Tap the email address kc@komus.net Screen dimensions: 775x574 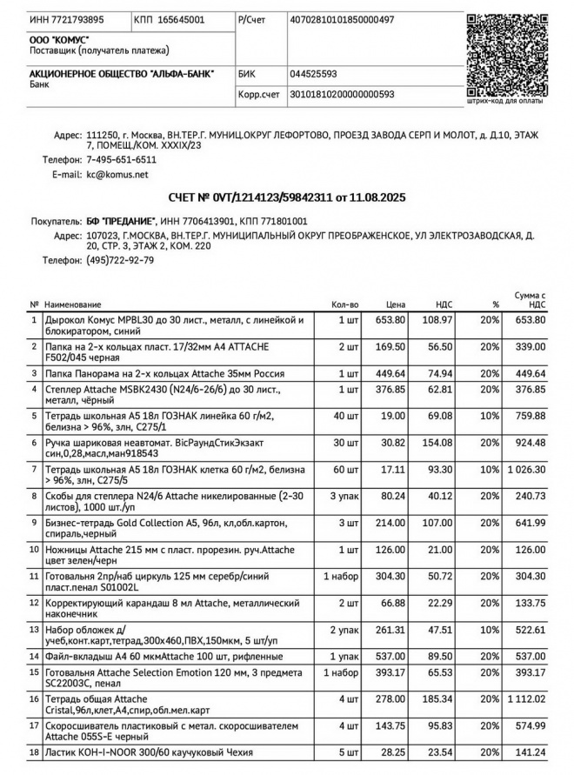[x=117, y=175]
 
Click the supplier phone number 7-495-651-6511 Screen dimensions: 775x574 [x=121, y=160]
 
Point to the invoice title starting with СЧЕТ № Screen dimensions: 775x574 [x=286, y=198]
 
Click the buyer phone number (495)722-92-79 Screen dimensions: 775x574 [x=121, y=260]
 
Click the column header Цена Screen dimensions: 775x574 [x=396, y=304]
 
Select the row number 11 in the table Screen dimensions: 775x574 [x=34, y=575]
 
